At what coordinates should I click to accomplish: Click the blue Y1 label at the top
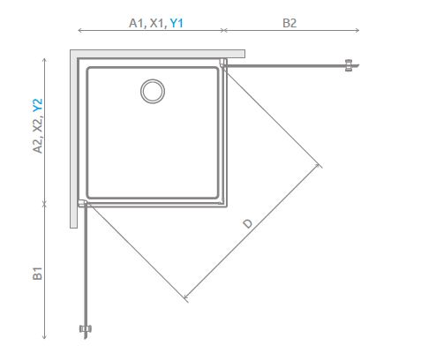(x=177, y=23)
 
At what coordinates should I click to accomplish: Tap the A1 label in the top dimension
(x=137, y=23)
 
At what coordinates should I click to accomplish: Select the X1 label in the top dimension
(x=158, y=23)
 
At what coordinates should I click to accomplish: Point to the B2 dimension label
(x=289, y=23)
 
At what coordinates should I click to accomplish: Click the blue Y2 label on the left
(x=38, y=105)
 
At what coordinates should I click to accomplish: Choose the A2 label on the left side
(x=38, y=145)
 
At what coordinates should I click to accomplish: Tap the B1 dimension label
(x=38, y=274)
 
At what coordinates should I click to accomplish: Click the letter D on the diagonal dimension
(x=248, y=223)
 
